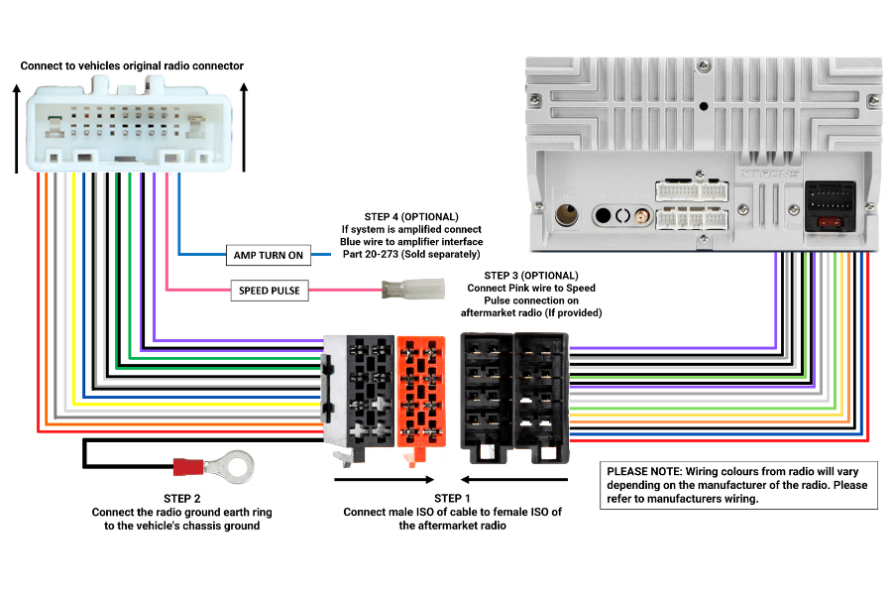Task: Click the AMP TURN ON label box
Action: coord(268,255)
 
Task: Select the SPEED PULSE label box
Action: coord(269,291)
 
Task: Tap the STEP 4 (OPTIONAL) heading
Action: coord(411,217)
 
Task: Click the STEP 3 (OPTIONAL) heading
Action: coord(531,276)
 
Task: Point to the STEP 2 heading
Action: coord(182,499)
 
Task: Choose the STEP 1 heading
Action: coord(452,498)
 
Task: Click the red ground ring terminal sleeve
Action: coord(188,467)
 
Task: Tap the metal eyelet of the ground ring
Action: coord(231,467)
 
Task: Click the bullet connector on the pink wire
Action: coord(413,290)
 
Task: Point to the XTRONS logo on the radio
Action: coord(770,174)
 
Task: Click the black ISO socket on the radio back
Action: coord(830,206)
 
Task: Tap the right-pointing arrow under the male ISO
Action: coord(385,479)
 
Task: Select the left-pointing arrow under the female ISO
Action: coord(514,479)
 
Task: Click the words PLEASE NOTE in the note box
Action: coord(643,471)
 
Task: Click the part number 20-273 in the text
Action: coord(382,254)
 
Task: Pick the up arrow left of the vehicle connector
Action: coord(17,128)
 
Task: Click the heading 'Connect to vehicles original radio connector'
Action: coord(132,65)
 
